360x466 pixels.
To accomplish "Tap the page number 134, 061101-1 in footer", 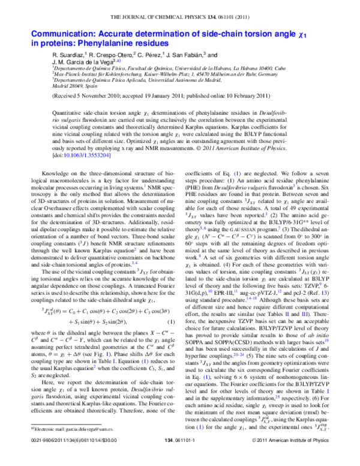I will (x=185, y=458).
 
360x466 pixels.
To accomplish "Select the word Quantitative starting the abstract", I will (x=70, y=112).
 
